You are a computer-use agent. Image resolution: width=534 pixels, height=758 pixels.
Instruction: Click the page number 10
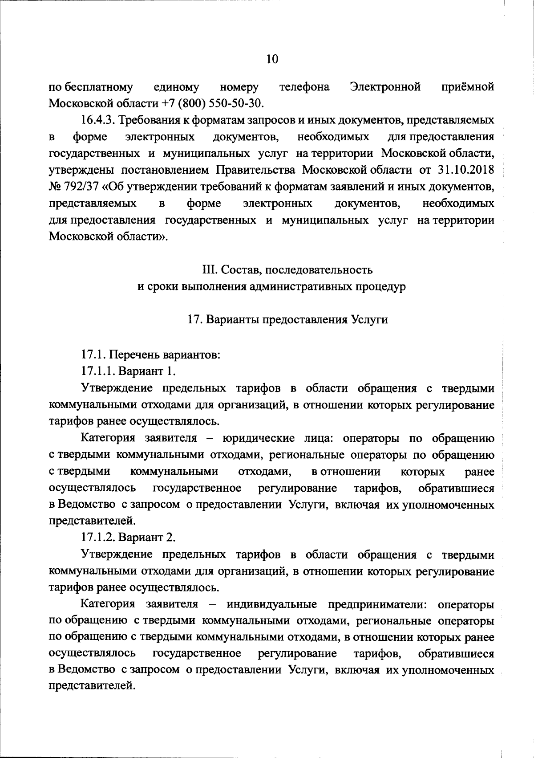coord(272,59)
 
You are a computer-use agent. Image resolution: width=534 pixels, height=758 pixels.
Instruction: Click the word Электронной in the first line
coord(385,86)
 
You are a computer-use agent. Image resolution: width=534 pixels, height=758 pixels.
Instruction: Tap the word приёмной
coord(468,86)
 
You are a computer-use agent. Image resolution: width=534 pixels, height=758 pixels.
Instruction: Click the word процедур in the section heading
coord(384,287)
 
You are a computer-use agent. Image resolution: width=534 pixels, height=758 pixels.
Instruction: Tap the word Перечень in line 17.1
coord(129,355)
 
